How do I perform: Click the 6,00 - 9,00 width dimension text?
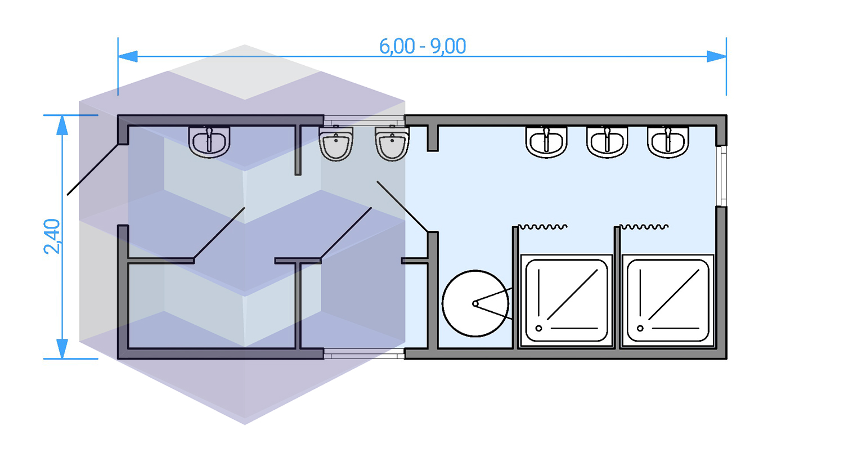coord(423,46)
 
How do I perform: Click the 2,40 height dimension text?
coord(52,236)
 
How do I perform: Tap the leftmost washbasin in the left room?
coord(209,141)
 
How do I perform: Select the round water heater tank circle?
coord(475,303)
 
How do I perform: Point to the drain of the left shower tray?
coord(538,328)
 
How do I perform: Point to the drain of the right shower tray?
coord(640,328)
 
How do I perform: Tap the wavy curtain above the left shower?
coord(542,227)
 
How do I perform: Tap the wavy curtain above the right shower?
coord(644,227)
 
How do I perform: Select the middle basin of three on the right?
coord(607,141)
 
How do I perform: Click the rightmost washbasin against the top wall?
coord(668,141)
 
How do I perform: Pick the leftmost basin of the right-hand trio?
coord(546,141)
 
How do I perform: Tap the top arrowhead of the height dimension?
coord(62,126)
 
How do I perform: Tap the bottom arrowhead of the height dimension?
coord(62,348)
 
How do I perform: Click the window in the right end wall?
coord(721,176)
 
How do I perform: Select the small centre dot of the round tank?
coord(475,304)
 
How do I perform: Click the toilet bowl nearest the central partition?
coord(392,144)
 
